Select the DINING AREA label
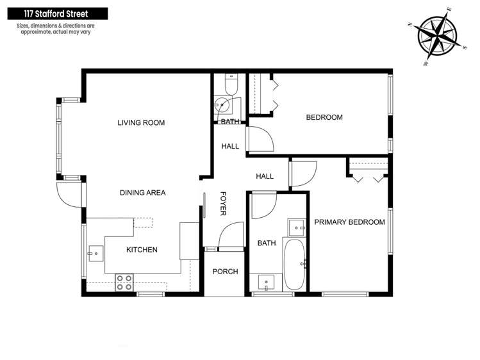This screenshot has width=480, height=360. point(143,193)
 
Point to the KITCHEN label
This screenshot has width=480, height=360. point(142,250)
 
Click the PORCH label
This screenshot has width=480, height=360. point(225,272)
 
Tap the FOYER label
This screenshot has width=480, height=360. point(224,204)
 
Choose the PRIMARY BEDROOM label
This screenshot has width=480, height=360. point(349,222)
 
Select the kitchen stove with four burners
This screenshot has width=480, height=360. point(124,282)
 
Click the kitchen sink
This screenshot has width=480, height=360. point(95,254)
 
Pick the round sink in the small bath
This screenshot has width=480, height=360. point(222,106)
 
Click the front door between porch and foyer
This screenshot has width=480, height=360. point(229,235)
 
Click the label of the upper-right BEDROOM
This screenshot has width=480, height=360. point(324,117)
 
